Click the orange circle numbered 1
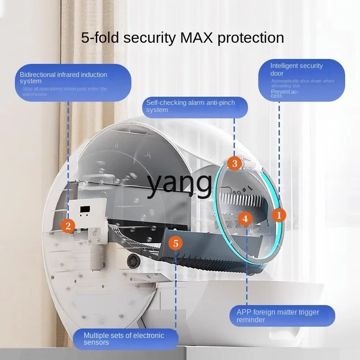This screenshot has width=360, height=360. [279, 215]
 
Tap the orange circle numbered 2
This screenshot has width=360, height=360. [68, 225]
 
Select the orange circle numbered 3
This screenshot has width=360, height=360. [234, 163]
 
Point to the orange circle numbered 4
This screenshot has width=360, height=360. [245, 219]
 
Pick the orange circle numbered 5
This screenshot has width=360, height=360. [176, 243]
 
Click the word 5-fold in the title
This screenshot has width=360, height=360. [101, 37]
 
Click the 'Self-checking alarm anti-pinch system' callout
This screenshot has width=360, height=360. [195, 107]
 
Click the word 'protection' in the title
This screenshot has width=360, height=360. [251, 37]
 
